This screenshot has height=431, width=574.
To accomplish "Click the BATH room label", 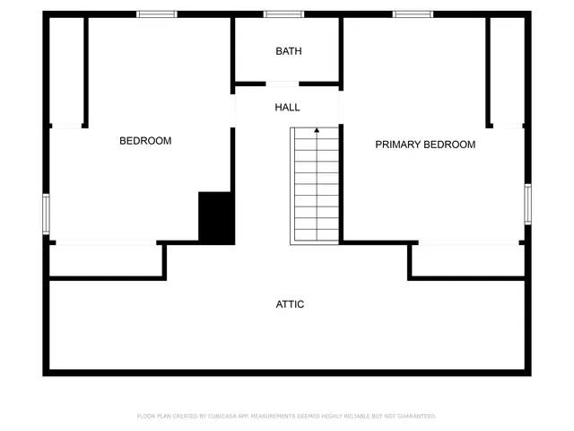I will (288, 51).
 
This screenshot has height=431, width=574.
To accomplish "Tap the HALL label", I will (287, 108).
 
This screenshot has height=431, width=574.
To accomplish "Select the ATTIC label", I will (290, 304).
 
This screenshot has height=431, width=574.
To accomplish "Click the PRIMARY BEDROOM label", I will (425, 145).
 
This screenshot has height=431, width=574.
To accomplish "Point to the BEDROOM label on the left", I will (145, 141).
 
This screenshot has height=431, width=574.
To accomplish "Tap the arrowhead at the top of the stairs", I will (316, 131).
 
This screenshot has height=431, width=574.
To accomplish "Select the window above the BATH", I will (283, 13).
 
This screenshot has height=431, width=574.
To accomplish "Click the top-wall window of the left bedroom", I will (157, 13).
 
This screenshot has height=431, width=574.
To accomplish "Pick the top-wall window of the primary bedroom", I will (413, 13).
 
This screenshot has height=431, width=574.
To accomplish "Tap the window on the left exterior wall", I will (46, 214).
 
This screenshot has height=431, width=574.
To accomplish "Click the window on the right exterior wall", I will (527, 203).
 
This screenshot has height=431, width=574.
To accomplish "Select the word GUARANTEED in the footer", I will (416, 416).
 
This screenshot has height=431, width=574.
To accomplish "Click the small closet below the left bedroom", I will (106, 260).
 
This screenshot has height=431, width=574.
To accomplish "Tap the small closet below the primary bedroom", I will (466, 260).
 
